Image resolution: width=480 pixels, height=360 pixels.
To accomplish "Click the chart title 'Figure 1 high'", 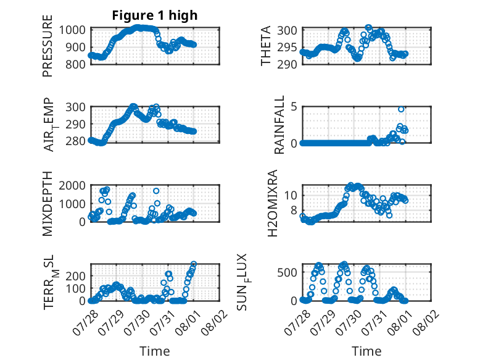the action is click(x=155, y=15).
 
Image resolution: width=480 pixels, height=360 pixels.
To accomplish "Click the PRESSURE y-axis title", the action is click(x=48, y=46).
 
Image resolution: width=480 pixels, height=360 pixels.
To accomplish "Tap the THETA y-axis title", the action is click(x=266, y=46).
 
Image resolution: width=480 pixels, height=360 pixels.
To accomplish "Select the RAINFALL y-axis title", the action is click(x=279, y=125).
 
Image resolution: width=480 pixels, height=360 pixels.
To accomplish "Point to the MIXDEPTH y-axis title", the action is click(x=48, y=203).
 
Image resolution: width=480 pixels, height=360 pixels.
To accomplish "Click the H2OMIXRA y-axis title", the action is click(x=273, y=203).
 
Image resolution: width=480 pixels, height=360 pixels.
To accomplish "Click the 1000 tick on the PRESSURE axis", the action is click(x=72, y=30).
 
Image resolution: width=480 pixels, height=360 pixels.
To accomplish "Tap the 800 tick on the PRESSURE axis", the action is click(x=76, y=64).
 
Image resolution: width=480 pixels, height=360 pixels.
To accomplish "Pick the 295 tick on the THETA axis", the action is click(x=287, y=48).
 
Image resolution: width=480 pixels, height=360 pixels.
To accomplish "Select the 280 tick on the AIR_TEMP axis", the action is click(x=76, y=141).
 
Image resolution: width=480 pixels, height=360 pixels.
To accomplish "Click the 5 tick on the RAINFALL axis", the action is click(x=294, y=107).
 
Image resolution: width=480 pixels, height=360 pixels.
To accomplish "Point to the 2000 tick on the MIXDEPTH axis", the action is click(x=72, y=185).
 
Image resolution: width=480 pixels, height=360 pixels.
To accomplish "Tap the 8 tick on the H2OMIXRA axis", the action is click(x=294, y=211).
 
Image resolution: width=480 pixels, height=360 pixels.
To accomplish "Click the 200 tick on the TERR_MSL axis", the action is click(x=76, y=276).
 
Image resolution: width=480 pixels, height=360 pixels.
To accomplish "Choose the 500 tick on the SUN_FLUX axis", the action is click(x=287, y=272).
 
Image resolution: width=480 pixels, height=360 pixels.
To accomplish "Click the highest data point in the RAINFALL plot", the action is click(x=401, y=109).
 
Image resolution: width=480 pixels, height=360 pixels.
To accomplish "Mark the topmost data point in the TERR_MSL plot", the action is click(x=194, y=264).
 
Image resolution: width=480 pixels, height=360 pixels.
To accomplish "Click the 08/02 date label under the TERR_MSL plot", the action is click(x=215, y=322).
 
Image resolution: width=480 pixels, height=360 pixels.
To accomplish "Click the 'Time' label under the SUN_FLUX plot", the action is click(x=366, y=351).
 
